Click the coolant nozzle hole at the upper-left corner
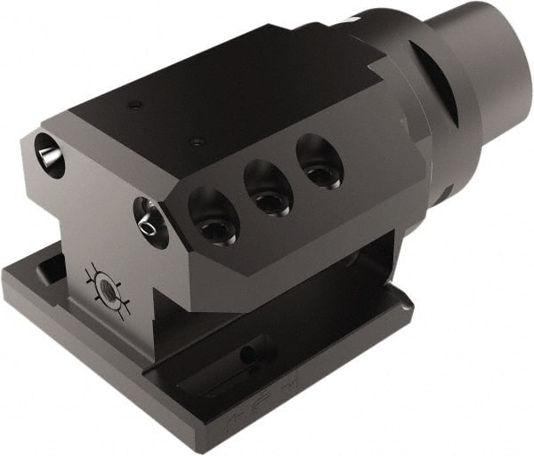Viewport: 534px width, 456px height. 50,153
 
